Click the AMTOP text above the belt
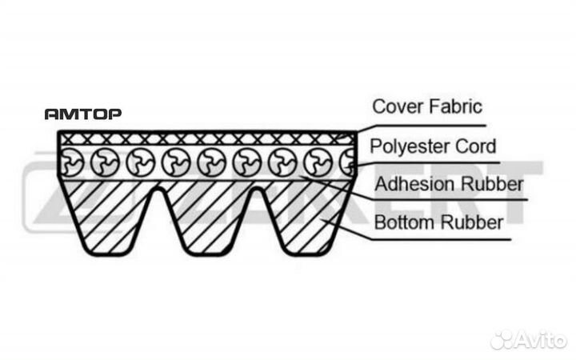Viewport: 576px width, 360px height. [83, 114]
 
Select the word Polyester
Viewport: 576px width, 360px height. [409, 146]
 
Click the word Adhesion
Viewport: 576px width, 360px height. [414, 184]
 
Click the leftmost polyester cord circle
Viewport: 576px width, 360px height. [70, 162]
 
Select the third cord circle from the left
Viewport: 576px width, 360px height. [141, 162]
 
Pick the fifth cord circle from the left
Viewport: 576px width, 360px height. [212, 162]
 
